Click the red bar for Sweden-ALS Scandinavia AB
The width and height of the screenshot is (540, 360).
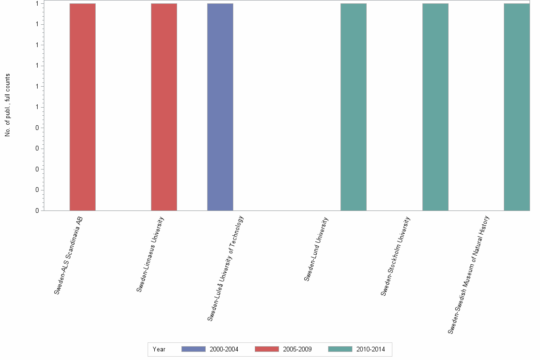[82, 107]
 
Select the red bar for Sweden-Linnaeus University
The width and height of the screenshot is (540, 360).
[164, 107]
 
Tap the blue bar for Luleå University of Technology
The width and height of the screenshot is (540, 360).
[220, 107]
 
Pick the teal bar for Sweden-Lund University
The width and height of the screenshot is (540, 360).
[353, 107]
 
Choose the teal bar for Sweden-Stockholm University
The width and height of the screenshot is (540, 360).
[435, 107]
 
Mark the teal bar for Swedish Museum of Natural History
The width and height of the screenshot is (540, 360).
[517, 107]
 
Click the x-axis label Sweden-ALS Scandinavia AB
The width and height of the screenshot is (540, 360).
[69, 255]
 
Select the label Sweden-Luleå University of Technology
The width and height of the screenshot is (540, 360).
[225, 268]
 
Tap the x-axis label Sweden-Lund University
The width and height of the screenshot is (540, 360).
[316, 249]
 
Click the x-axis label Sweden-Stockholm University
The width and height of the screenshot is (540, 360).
[395, 256]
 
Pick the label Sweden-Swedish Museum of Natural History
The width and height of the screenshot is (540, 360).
[469, 275]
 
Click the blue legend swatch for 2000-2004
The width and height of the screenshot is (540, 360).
[193, 350]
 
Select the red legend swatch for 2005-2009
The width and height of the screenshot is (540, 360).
[267, 350]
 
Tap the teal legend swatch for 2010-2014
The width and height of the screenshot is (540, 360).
[340, 350]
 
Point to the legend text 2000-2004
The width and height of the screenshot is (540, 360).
[224, 350]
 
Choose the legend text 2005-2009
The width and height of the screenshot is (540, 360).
[297, 350]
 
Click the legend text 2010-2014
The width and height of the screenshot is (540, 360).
[370, 350]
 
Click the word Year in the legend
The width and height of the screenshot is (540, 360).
[159, 350]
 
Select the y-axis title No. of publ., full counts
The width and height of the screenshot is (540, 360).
[8, 105]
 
